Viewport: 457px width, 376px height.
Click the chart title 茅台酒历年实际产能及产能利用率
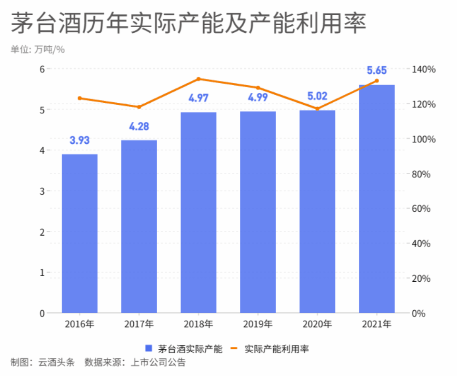(188, 24)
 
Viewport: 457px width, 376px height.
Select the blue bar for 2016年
(79, 233)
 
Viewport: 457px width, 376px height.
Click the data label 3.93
(79, 140)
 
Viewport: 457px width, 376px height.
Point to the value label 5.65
(377, 71)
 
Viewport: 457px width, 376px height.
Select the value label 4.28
(139, 127)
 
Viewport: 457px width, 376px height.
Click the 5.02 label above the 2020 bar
(317, 97)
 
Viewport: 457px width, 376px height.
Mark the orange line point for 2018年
(199, 79)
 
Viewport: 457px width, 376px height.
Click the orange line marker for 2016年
(79, 99)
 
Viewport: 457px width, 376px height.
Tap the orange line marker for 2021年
(377, 81)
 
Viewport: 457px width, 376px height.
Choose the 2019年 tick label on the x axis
(258, 325)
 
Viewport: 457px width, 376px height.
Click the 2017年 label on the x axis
(139, 325)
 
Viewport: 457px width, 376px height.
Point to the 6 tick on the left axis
(42, 69)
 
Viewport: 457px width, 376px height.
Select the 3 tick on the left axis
(42, 191)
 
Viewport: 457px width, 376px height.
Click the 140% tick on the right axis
(422, 69)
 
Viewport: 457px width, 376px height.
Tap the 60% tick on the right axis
(420, 209)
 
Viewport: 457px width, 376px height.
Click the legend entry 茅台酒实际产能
(185, 349)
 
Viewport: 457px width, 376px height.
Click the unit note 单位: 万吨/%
(38, 49)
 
